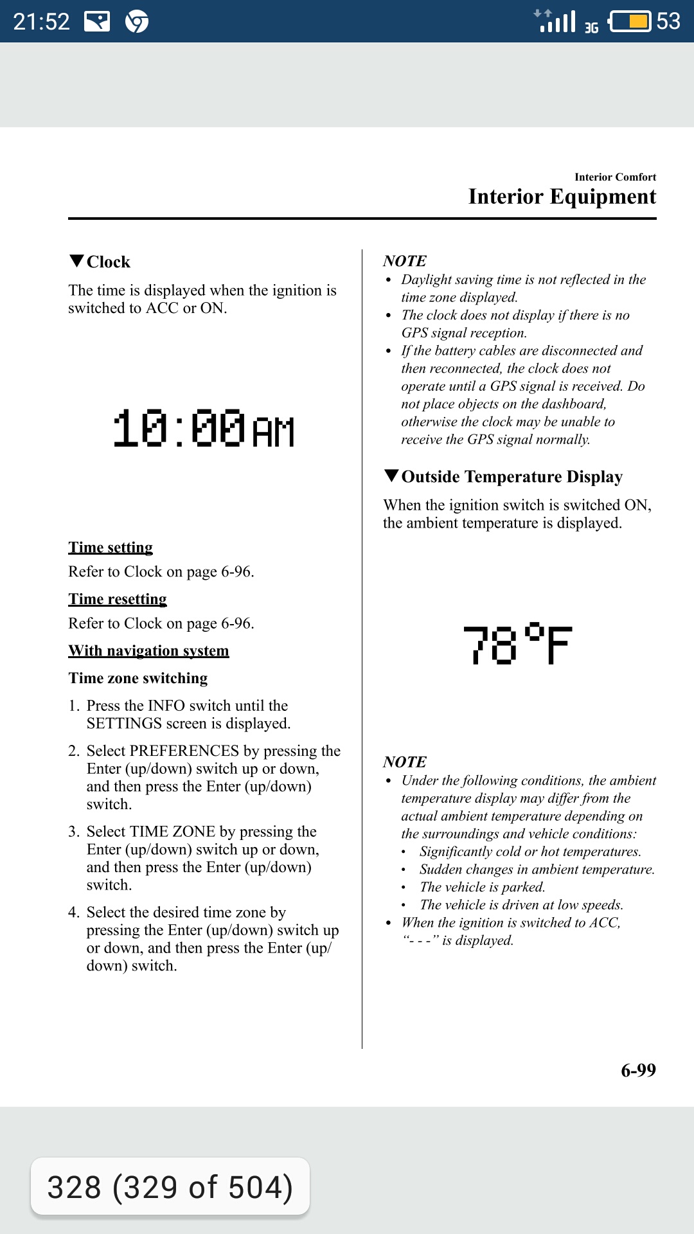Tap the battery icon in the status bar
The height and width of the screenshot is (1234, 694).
pyautogui.click(x=630, y=21)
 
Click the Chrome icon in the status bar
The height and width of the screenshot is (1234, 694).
pyautogui.click(x=137, y=22)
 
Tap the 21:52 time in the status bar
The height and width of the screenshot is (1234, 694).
pyautogui.click(x=42, y=22)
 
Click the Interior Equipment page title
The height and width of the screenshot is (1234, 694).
pyautogui.click(x=562, y=197)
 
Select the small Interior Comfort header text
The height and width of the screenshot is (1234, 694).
pyautogui.click(x=615, y=177)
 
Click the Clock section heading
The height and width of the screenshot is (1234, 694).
pyautogui.click(x=108, y=262)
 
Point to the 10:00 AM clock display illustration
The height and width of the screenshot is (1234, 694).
pyautogui.click(x=204, y=429)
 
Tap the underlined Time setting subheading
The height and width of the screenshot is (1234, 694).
pyautogui.click(x=111, y=548)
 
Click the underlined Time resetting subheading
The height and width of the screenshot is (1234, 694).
pyautogui.click(x=118, y=599)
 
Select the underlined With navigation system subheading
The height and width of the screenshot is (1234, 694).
pyautogui.click(x=148, y=651)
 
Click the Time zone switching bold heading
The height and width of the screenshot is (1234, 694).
pyautogui.click(x=138, y=679)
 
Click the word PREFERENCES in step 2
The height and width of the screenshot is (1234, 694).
pyautogui.click(x=184, y=751)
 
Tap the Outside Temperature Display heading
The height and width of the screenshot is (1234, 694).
pyautogui.click(x=512, y=477)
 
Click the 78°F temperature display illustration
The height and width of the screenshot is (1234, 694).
pyautogui.click(x=517, y=644)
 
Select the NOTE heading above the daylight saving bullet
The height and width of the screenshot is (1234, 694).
pyautogui.click(x=405, y=261)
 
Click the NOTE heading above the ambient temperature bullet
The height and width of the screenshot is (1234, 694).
pyautogui.click(x=405, y=762)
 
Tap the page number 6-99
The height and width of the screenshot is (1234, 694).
pyautogui.click(x=638, y=1070)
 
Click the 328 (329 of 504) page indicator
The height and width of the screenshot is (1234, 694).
pyautogui.click(x=170, y=1187)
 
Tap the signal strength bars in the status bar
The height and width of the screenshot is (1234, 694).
pyautogui.click(x=557, y=21)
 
